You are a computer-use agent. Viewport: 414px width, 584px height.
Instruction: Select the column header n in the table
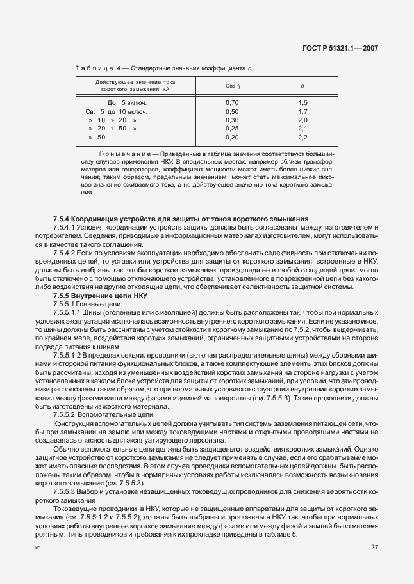[x=302, y=86]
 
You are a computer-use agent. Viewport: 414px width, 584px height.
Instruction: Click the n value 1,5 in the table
[x=302, y=102]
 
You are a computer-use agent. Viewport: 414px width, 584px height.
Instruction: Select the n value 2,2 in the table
[x=302, y=137]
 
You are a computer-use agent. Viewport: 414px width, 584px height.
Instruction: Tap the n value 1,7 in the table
[x=302, y=111]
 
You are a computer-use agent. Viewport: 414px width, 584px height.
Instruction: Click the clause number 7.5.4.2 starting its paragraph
[x=65, y=253]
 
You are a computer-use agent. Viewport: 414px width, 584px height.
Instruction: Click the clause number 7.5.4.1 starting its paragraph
[x=65, y=227]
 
